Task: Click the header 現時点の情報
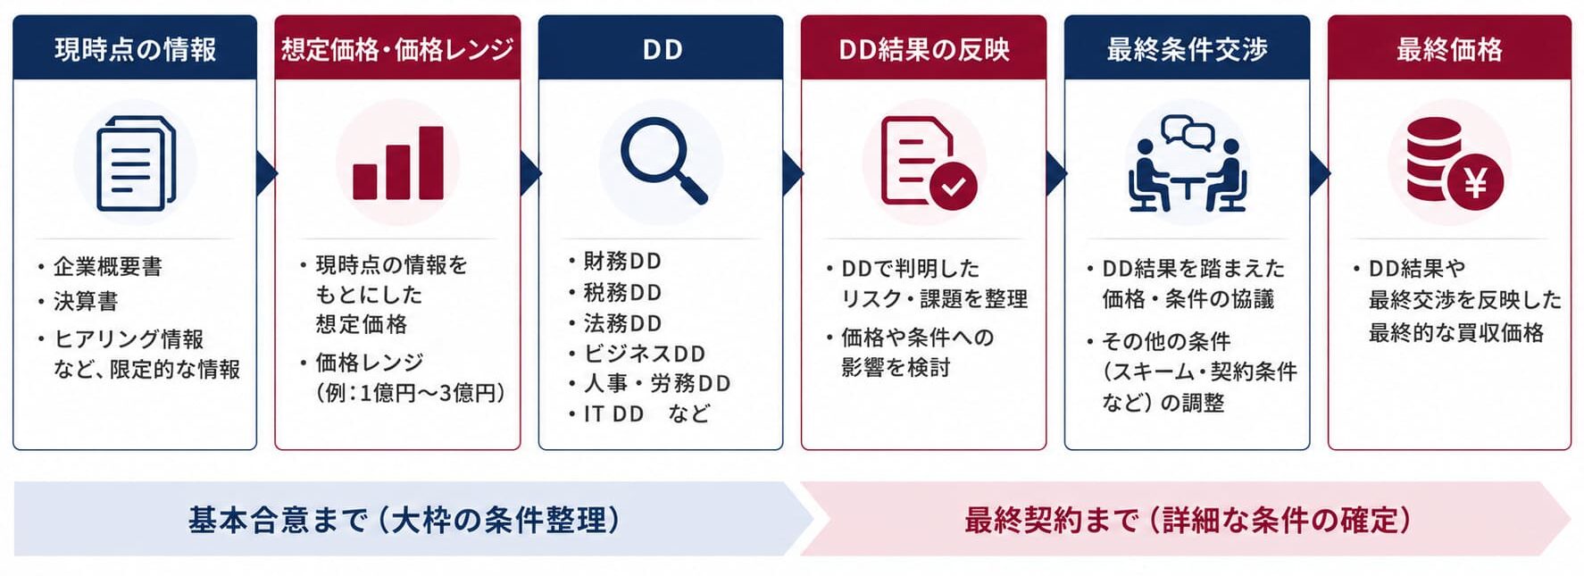pos(135,48)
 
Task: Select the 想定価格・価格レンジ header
pos(397,48)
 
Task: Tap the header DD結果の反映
pos(924,49)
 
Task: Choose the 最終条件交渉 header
pos(1187,48)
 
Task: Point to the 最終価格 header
pos(1449,48)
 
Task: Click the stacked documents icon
pos(136,163)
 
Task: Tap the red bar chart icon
pos(398,163)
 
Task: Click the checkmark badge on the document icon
pos(954,186)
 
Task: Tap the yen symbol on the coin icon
pos(1475,183)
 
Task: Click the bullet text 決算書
pos(86,301)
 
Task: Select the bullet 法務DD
pos(622,322)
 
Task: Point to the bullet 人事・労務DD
pos(657,383)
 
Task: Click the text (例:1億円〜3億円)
pos(411,393)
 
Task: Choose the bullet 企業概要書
pos(108,266)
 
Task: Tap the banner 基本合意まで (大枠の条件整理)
pos(404,520)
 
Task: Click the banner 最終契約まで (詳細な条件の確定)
pos(1188,520)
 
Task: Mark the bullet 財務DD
pos(622,261)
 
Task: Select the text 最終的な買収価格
pos(1456,333)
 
